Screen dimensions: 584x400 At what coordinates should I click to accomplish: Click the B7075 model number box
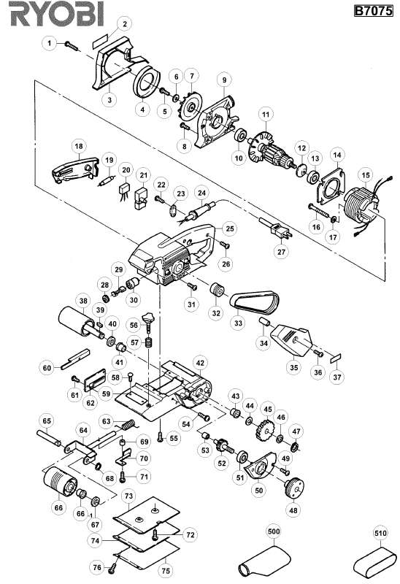click(x=372, y=11)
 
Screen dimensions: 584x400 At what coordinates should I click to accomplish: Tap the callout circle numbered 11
click(x=266, y=115)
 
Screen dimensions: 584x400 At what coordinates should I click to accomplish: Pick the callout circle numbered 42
click(x=200, y=362)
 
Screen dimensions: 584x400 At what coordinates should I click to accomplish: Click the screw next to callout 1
click(x=74, y=45)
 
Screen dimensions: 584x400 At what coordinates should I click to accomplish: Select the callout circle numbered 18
click(x=80, y=146)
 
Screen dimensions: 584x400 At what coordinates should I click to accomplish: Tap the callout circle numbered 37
click(x=336, y=377)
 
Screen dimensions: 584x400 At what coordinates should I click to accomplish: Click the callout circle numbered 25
click(x=230, y=228)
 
